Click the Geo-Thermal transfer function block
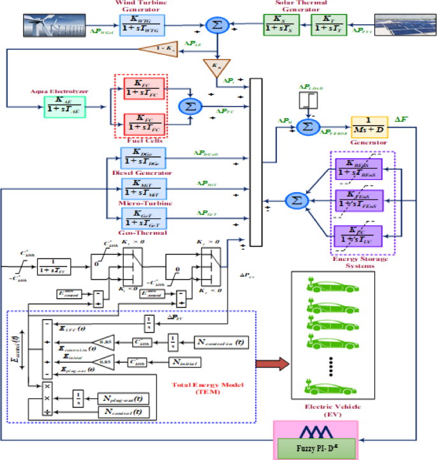(143, 217)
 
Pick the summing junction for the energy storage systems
(295, 200)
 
